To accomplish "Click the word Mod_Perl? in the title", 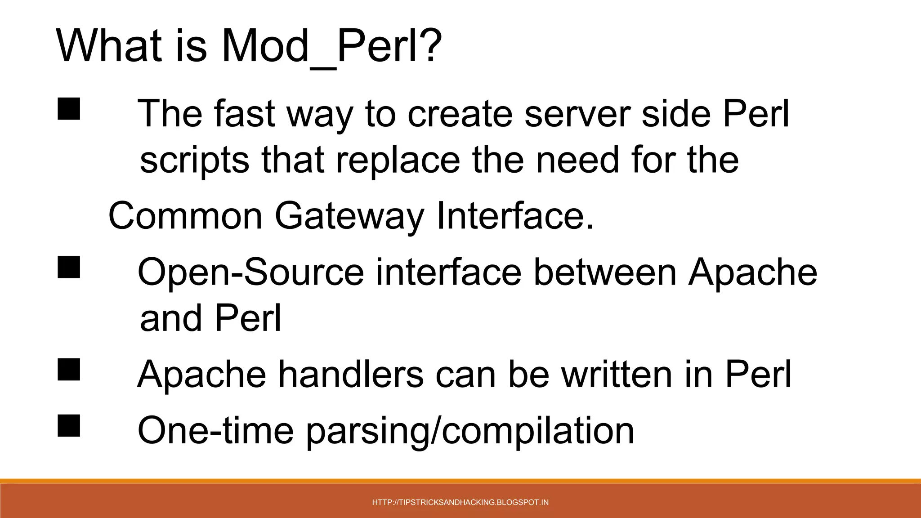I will pos(332,46).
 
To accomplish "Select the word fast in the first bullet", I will pos(244,113).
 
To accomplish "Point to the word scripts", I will pos(194,161).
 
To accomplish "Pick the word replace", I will pos(398,161).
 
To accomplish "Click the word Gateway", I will pos(349,217).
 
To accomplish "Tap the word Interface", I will pos(515,216).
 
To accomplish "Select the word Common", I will pos(185,216).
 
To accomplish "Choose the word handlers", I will pos(351,374).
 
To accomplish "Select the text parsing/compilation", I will pos(470,431).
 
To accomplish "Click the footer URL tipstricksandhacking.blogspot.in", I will pos(460,502).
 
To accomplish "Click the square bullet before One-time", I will pos(69,425).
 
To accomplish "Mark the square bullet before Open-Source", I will pos(69,267).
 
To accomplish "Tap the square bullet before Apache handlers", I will pos(69,369).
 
